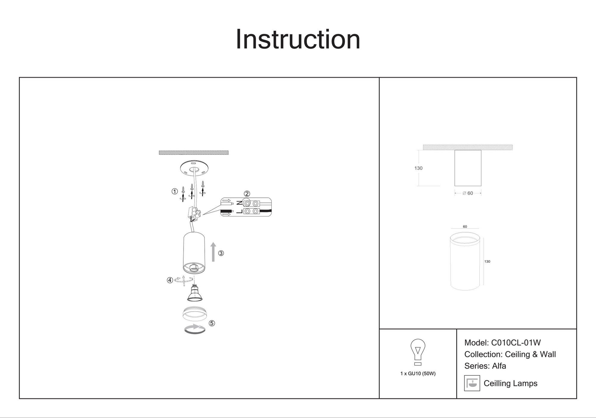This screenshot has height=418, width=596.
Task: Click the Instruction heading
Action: [x=298, y=39]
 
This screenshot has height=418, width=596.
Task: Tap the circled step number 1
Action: [x=175, y=191]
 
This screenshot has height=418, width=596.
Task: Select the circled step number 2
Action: [x=247, y=194]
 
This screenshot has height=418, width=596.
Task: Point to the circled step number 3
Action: [x=221, y=253]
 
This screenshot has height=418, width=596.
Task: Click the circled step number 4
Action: [x=170, y=280]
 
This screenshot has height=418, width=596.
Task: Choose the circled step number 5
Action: [x=212, y=323]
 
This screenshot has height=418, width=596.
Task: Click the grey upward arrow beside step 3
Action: [x=213, y=252]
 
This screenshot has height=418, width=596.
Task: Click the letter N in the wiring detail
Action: [x=239, y=203]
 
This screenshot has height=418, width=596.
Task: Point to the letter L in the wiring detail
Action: [x=239, y=211]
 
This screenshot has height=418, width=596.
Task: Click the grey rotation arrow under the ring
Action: [x=195, y=329]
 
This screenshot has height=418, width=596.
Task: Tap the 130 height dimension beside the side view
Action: [x=418, y=168]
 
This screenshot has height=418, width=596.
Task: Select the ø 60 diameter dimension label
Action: [x=468, y=193]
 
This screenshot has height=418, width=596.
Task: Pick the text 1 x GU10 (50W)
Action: [x=418, y=374]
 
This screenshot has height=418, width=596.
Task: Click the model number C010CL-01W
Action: [x=516, y=343]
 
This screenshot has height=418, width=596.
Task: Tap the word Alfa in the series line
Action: [x=499, y=366]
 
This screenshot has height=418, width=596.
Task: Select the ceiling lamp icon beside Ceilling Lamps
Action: [x=472, y=383]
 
